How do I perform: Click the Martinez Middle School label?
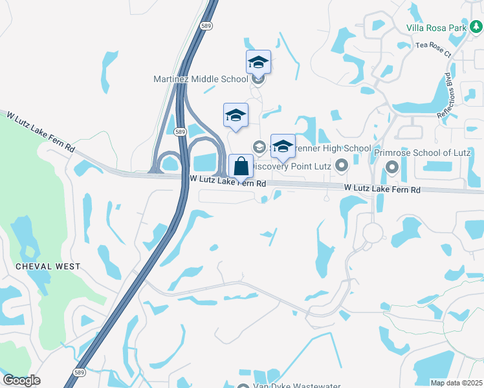pos(201,79)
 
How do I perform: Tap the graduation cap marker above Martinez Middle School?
pos(258,62)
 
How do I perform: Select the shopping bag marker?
pos(241,166)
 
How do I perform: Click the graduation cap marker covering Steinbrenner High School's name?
pos(283,147)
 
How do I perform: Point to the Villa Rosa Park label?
pos(437,27)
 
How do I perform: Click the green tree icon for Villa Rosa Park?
pos(476,27)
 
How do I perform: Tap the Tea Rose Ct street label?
pos(433,49)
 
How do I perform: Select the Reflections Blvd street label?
pos(448,94)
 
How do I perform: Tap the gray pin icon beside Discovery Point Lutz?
pos(340,167)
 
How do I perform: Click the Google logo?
pos(21,380)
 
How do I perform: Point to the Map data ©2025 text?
pos(456,383)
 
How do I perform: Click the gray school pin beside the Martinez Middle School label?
pos(258,80)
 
